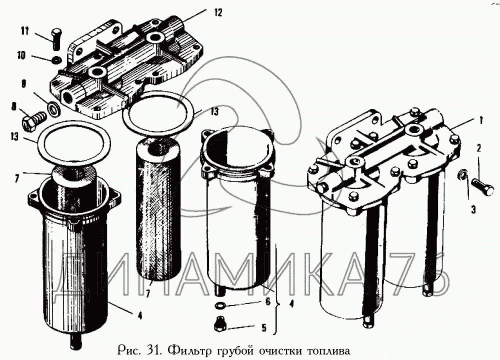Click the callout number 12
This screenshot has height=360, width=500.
(218, 13)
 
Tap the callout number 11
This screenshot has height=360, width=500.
(25, 31)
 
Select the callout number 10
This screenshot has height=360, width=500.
(21, 56)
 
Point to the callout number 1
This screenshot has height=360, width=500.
(481, 120)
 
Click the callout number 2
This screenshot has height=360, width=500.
(478, 148)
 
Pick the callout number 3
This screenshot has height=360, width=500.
(473, 209)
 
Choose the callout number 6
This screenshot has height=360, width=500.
(267, 301)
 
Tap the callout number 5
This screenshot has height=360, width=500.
(263, 327)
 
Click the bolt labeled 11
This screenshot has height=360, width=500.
(56, 39)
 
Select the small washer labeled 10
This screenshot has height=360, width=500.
(57, 59)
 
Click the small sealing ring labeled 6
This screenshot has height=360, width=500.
(219, 306)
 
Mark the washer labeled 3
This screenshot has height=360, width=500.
(461, 174)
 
